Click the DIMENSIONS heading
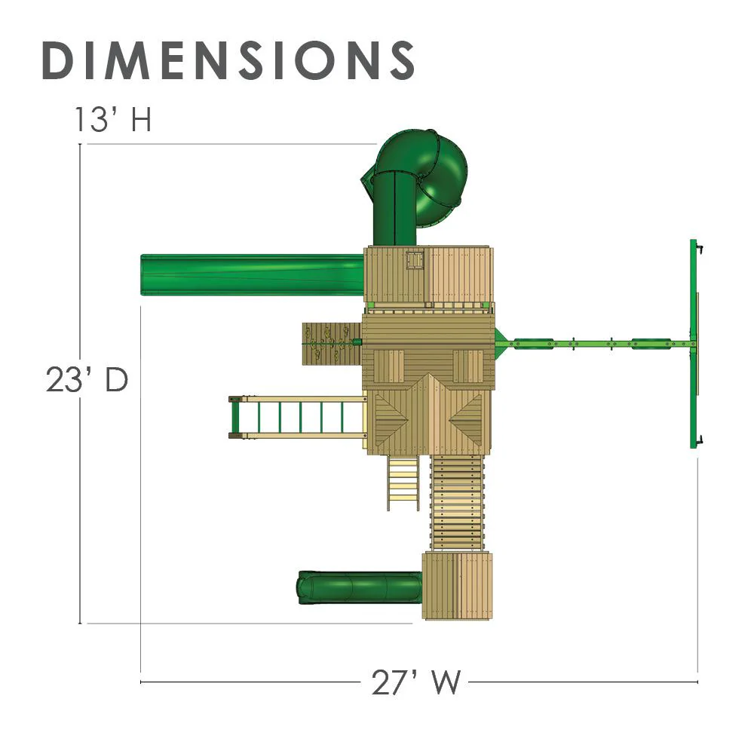[228, 60]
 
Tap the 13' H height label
[113, 119]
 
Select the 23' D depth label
[87, 379]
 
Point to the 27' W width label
[415, 682]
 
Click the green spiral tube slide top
[440, 178]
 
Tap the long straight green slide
[252, 274]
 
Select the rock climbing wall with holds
[332, 343]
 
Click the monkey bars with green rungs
[297, 417]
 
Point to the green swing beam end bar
[694, 344]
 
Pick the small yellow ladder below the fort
[403, 483]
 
